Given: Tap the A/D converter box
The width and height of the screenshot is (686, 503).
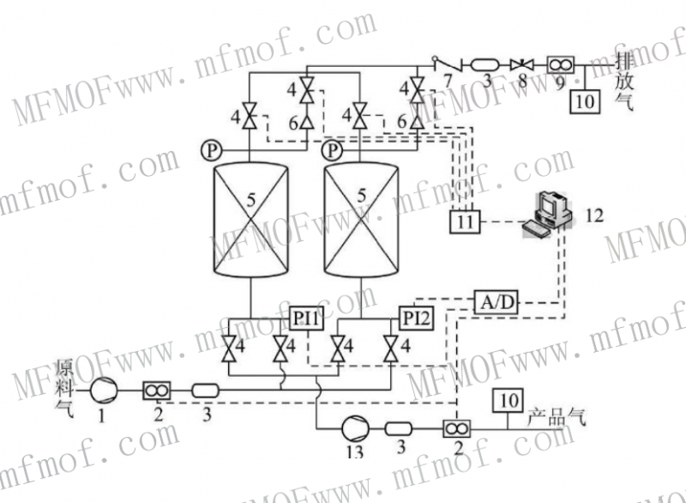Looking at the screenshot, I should tap(498, 301).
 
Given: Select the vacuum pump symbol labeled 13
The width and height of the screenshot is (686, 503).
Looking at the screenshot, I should tap(353, 427).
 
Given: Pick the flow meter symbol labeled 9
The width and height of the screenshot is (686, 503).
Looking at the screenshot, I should tap(558, 65).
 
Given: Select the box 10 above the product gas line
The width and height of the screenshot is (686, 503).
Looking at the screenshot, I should tap(509, 400).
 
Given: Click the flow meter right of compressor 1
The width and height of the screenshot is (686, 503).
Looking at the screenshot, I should tap(155, 391).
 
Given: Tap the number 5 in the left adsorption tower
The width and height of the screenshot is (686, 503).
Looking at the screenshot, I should tap(251, 199).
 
